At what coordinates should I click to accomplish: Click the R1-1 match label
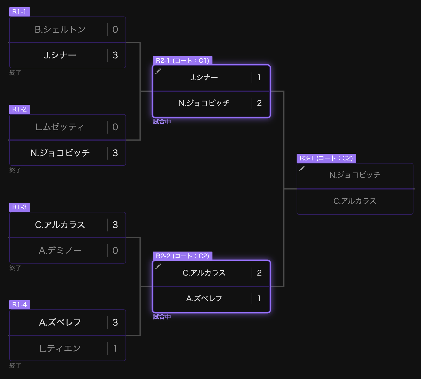point(19,12)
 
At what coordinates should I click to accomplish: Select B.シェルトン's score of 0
point(115,30)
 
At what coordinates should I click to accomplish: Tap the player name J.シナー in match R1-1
point(60,55)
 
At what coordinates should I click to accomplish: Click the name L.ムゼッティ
point(60,127)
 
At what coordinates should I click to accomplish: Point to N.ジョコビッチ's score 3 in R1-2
point(115,153)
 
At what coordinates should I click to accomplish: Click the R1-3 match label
point(19,207)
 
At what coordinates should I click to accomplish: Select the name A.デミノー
point(60,250)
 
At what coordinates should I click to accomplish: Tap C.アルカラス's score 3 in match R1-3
point(115,225)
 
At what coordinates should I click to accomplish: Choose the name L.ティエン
point(60,348)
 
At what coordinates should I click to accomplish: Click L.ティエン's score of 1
point(115,348)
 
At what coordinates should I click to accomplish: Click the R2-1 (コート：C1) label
point(183,61)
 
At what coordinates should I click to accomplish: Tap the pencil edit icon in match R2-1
point(158,71)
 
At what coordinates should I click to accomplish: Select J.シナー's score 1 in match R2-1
point(259,78)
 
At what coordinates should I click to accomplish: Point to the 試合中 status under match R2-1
point(162,122)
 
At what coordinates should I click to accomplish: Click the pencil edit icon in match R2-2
point(158,266)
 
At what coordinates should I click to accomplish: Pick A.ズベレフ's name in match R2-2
point(204,299)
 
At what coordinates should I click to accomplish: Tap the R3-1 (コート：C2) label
point(326,158)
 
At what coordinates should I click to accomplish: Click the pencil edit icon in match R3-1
point(302,169)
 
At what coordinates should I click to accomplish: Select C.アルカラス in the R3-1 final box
point(355,201)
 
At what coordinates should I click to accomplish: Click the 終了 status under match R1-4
point(15,366)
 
